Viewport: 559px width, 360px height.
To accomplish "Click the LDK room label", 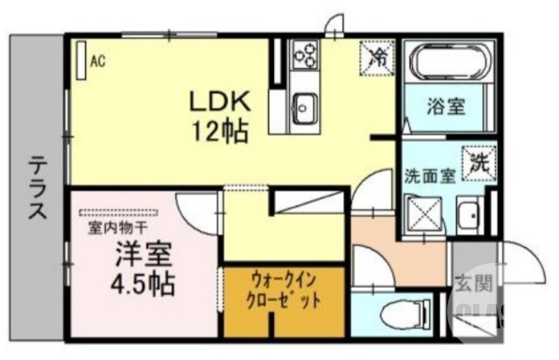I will coord(221,102).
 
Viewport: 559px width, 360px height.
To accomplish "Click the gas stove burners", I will coord(305,54).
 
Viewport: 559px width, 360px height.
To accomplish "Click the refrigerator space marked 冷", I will coord(376,55).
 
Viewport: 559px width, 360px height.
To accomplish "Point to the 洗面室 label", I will coord(430,175).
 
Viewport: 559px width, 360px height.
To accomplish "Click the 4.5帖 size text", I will coord(138,284).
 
